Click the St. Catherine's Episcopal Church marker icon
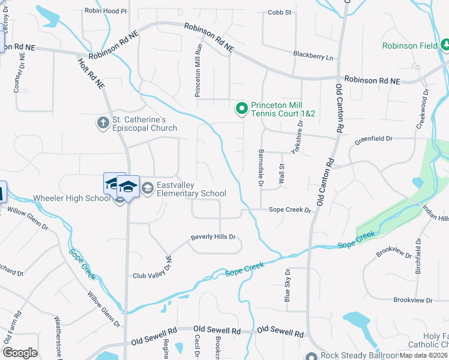tap(102, 122)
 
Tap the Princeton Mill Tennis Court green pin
tap(241, 108)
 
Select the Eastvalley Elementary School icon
tap(147, 188)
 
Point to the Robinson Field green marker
tap(445, 45)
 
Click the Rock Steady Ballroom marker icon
tap(310, 356)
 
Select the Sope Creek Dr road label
tap(290, 210)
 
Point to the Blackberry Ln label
tap(313, 56)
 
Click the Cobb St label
tap(279, 12)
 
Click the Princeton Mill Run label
tap(197, 70)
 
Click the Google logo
tap(20, 352)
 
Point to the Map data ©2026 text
tap(423, 355)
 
